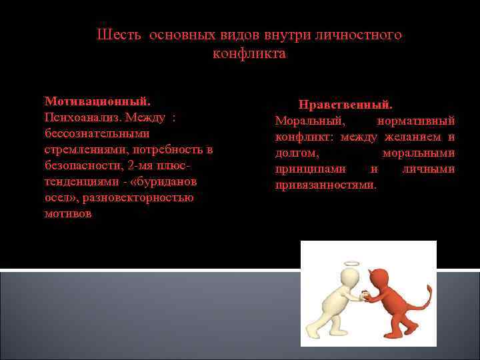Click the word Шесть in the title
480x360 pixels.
point(115,35)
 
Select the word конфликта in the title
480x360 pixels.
point(249,53)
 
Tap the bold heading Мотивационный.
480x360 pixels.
point(97,101)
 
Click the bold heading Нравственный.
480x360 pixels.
point(345,105)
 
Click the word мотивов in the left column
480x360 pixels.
point(69,214)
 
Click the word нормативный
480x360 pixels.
point(416,121)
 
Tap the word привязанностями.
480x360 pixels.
point(326,185)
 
